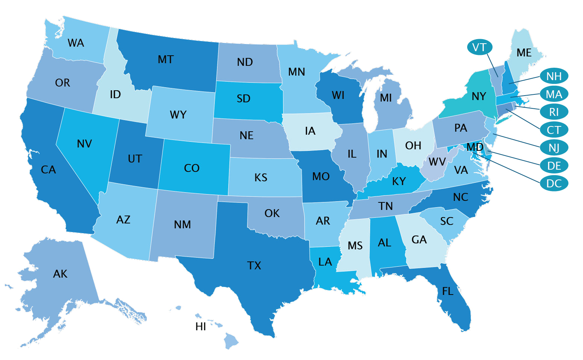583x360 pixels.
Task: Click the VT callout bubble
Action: [479, 47]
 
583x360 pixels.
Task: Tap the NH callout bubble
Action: [554, 76]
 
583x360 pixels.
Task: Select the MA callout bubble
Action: [554, 94]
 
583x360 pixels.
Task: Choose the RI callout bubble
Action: [554, 112]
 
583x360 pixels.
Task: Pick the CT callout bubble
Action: [554, 130]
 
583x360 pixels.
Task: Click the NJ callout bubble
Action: [554, 147]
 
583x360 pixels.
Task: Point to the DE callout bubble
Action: [554, 166]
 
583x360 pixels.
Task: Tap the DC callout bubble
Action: [554, 184]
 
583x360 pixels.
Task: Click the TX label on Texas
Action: [254, 266]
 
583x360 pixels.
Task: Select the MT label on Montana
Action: [165, 59]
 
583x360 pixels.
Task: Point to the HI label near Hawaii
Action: [201, 327]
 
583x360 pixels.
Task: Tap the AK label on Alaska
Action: [60, 274]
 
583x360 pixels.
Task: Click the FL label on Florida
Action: [448, 291]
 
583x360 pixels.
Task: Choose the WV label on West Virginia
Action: [437, 162]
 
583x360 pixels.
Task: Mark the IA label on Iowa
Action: [310, 131]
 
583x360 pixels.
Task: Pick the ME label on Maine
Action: [524, 53]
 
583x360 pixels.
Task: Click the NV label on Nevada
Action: [84, 144]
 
